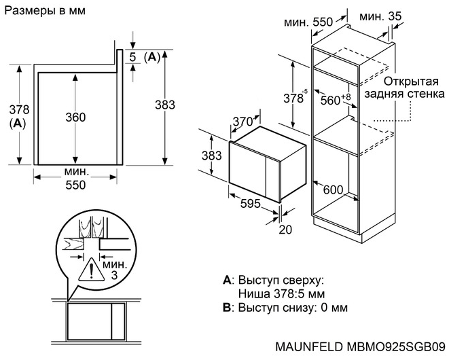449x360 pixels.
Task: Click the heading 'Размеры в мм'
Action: (x=39, y=12)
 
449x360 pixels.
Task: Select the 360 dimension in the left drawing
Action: (x=75, y=117)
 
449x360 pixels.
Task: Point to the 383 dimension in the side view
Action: (x=165, y=105)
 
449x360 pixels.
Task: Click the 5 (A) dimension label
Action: (x=145, y=56)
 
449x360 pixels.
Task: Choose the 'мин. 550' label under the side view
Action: (x=75, y=179)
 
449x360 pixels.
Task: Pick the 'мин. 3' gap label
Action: (x=113, y=268)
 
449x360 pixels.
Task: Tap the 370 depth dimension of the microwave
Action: (x=242, y=121)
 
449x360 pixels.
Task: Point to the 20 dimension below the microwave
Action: (x=285, y=230)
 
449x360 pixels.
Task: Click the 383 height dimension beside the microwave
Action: (x=212, y=155)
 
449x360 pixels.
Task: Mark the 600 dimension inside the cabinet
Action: (x=332, y=190)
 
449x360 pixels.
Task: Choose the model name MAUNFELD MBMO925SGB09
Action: (x=361, y=346)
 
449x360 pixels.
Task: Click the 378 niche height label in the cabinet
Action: (x=294, y=97)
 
